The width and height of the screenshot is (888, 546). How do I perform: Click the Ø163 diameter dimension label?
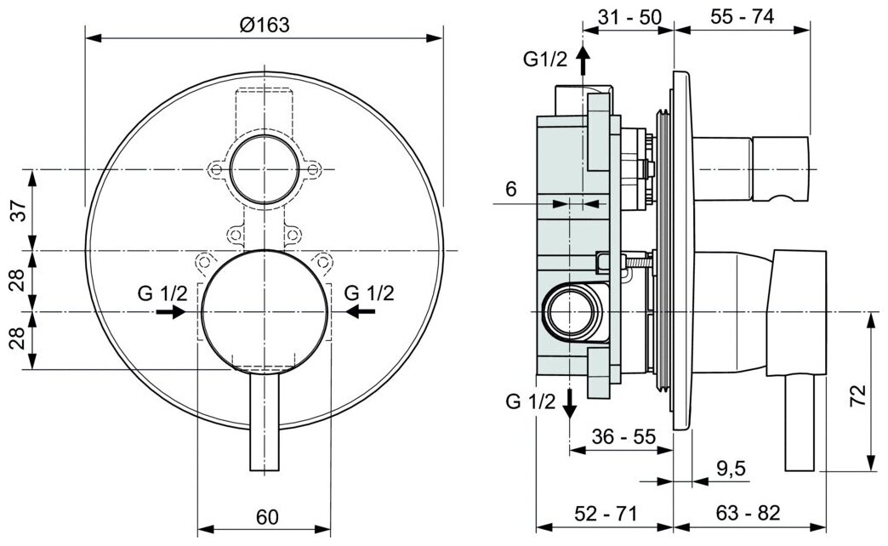[x=265, y=26]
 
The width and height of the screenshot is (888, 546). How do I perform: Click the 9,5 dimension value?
[x=730, y=467]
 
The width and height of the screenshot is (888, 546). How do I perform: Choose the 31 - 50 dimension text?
[x=630, y=17]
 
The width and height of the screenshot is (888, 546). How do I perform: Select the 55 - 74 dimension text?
[x=743, y=17]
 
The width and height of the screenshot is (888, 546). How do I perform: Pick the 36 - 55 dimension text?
[x=623, y=437]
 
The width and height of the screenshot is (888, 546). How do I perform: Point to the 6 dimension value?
[x=511, y=189]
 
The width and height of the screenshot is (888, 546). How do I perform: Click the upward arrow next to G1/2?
[x=583, y=60]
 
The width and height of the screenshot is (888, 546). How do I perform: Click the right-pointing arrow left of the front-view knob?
[x=171, y=312]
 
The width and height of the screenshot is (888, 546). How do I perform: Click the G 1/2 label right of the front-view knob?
[x=369, y=293]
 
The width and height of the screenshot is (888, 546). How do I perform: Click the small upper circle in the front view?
[x=264, y=167]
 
